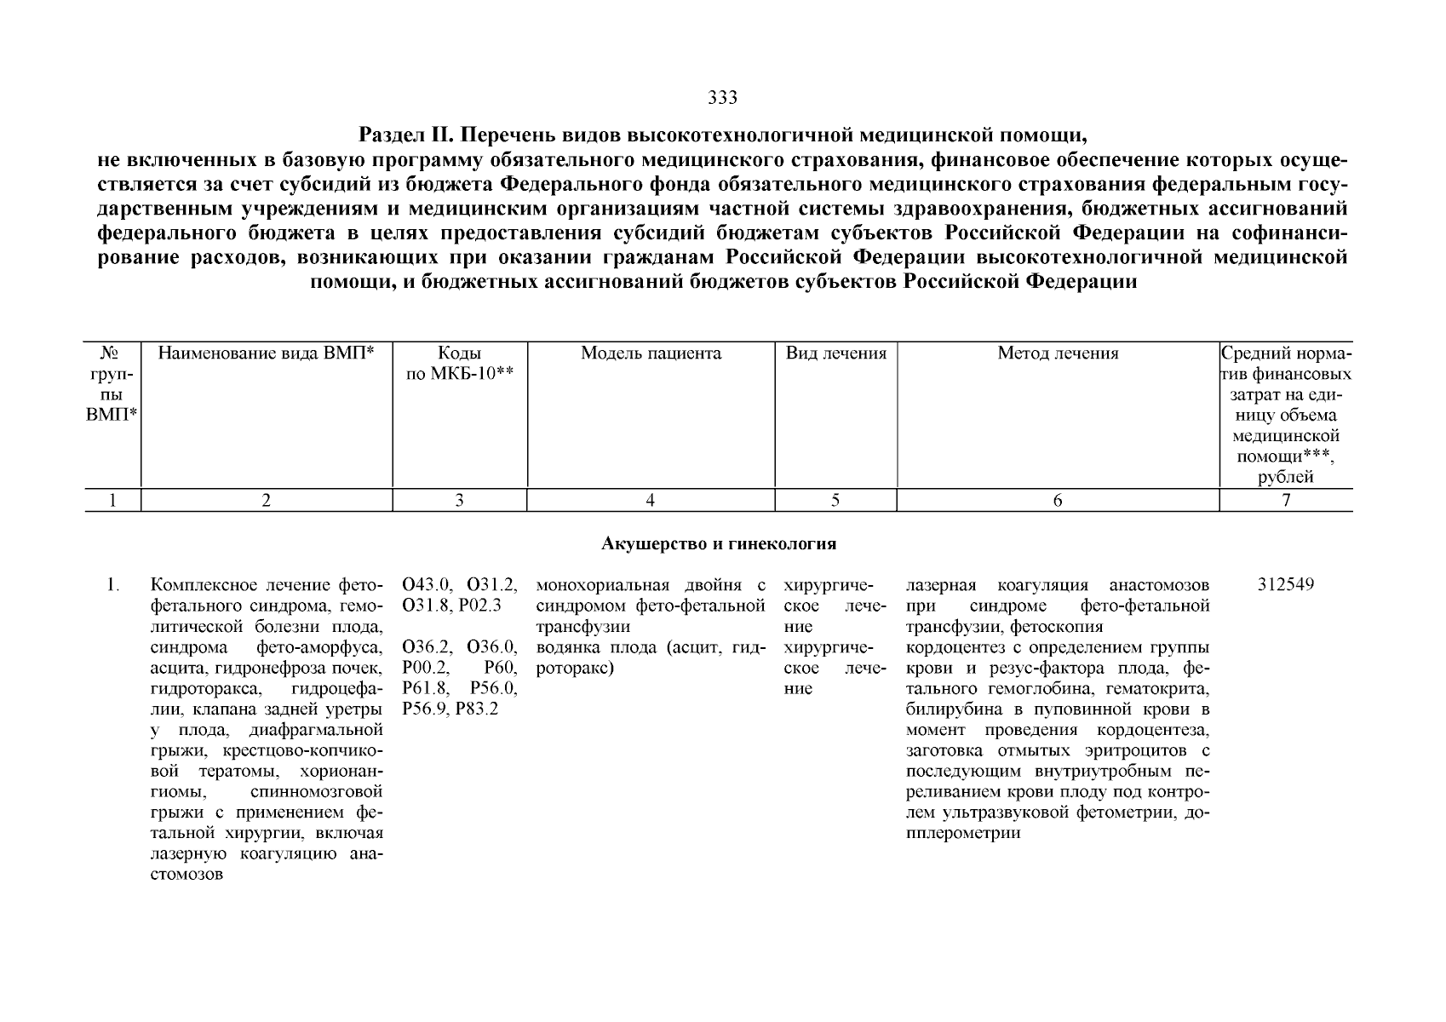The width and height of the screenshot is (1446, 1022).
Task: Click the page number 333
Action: pos(722,98)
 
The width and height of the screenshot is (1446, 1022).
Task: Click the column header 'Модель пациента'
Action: pos(651,353)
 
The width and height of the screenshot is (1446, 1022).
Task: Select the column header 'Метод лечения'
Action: pos(1058,353)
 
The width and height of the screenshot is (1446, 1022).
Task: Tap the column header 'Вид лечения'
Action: pos(835,353)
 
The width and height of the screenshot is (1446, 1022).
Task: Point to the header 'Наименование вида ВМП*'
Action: pos(267,353)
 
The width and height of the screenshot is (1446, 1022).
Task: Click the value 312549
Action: pos(1285,585)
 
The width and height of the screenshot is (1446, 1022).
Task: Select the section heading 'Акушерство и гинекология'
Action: pos(719,543)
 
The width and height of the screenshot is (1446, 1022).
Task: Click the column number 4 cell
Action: pos(651,501)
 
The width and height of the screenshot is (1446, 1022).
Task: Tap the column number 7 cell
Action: pos(1286,501)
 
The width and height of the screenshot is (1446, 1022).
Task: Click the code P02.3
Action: pos(479,606)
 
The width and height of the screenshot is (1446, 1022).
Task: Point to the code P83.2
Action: pos(477,709)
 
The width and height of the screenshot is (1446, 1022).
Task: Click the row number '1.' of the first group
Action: pos(112,585)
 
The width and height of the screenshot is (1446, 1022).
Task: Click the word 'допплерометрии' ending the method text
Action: pos(964,834)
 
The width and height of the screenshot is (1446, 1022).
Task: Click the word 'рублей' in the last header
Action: pos(1286,478)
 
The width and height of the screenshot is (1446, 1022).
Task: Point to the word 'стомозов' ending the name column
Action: pos(186,875)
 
